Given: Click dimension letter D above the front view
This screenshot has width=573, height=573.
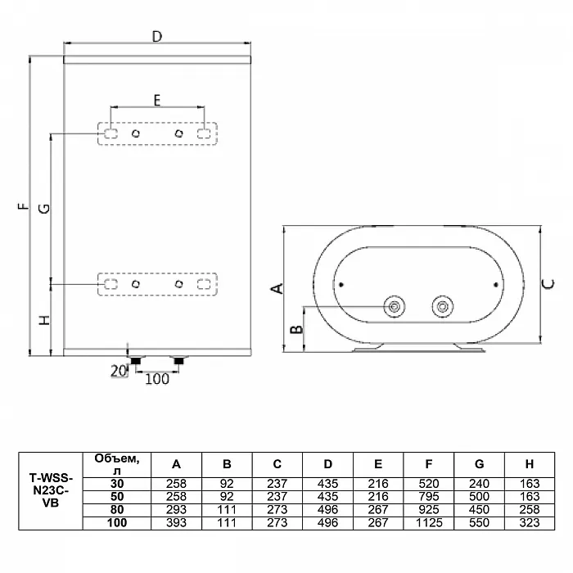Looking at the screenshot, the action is pos(157,37).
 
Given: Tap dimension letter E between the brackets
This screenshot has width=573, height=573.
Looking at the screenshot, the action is pos(157,100).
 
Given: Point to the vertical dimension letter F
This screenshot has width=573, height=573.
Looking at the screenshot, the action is pos(23,206).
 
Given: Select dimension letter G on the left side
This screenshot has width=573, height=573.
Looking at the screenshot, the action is pos(44,208).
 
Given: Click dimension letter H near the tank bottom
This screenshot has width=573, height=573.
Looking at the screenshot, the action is pos(44,321).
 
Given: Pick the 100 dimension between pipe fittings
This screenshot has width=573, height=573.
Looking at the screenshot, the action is pos(157,379).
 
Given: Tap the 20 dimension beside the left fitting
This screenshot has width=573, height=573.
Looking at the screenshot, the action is pos(119,372).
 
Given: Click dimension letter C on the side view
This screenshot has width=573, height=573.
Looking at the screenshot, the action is pos(549,284).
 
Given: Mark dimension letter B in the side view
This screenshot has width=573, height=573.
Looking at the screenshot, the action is pos(296,329).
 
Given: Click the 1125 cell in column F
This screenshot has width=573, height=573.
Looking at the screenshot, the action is pos(429,523).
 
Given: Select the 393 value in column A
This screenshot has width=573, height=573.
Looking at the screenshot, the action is pos(176,523).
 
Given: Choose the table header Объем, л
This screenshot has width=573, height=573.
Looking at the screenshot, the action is pos(117,464).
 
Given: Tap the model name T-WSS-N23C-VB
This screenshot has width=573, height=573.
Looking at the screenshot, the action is pos(51,490).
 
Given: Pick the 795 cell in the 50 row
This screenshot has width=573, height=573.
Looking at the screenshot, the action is pos(429,497).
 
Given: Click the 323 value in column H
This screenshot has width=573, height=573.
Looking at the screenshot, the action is pos(530,523).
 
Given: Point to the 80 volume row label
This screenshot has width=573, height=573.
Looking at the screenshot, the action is pos(117,510).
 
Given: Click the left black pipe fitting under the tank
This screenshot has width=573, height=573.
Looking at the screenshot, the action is pos(136,361).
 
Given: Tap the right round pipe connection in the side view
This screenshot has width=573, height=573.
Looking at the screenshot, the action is pos(443,307).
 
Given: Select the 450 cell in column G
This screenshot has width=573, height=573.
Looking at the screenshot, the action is pos(479,510).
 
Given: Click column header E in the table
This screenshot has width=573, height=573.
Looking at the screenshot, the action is pos(378,464).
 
